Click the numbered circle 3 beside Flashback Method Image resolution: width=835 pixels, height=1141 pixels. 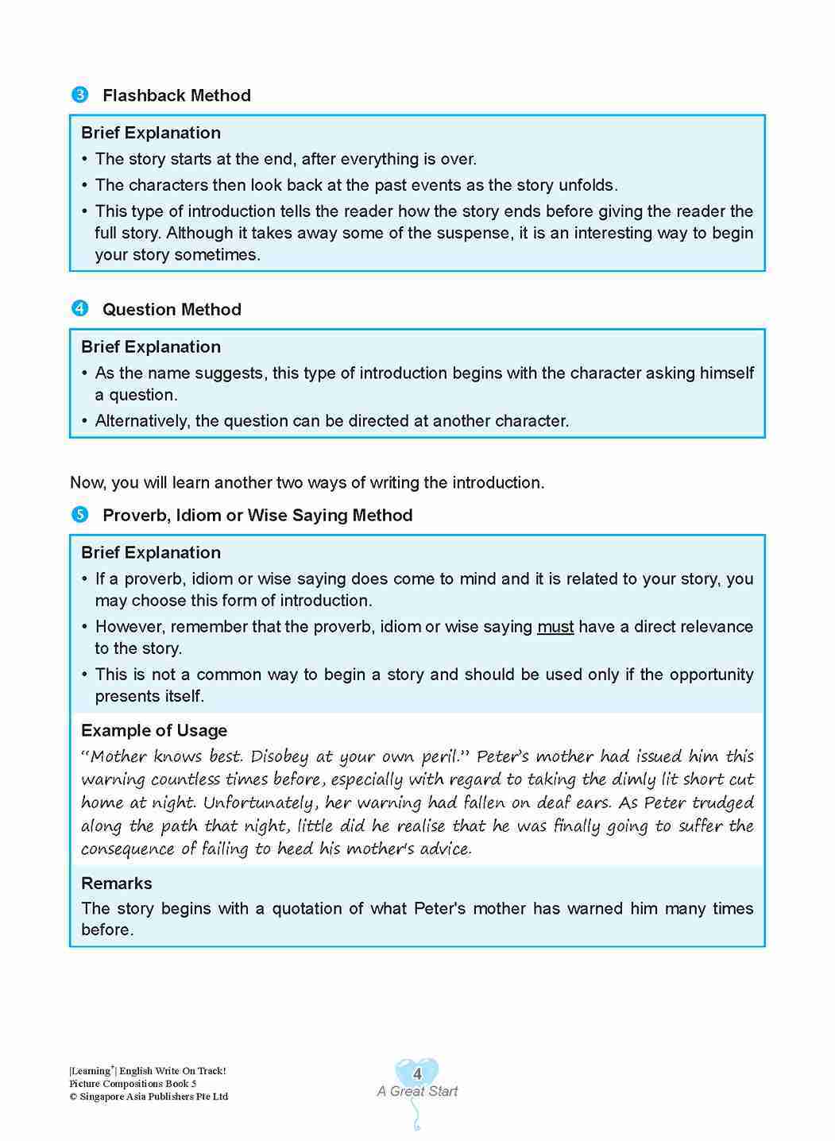click(79, 95)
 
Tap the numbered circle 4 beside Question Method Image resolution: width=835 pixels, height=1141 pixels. click(79, 309)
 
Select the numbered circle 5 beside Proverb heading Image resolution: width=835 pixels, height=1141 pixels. click(79, 515)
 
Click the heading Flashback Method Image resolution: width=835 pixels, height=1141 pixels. click(176, 95)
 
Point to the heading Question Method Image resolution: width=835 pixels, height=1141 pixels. click(172, 309)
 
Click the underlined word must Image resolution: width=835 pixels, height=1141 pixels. click(555, 627)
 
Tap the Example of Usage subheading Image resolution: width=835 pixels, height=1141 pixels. click(154, 730)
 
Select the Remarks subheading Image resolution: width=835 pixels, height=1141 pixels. click(117, 883)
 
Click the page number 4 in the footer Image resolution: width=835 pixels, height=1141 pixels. click(417, 1074)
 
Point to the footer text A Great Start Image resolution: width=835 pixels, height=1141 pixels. click(417, 1092)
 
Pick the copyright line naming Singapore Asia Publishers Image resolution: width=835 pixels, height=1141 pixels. click(149, 1097)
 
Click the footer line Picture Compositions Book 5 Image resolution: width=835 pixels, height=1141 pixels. click(133, 1084)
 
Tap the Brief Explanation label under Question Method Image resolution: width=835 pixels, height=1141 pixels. click(151, 346)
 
